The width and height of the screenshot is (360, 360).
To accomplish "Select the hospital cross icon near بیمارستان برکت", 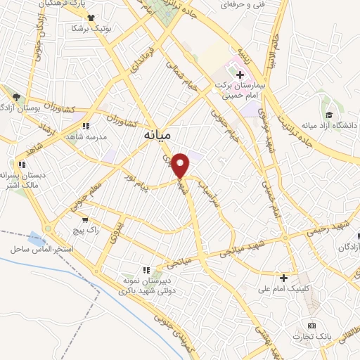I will [240, 73].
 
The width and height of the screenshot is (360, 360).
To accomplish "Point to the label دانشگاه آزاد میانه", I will [329, 125].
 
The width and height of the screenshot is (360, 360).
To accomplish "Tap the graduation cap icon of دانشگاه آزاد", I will [328, 115].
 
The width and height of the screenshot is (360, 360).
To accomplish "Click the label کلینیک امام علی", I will [284, 288].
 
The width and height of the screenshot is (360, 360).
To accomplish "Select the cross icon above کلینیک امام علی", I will [284, 277].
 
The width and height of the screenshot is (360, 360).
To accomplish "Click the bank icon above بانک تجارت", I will [312, 326].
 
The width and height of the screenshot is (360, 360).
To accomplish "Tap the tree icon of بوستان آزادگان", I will [16, 96].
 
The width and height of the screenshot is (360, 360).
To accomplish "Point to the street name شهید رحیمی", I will [328, 229].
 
